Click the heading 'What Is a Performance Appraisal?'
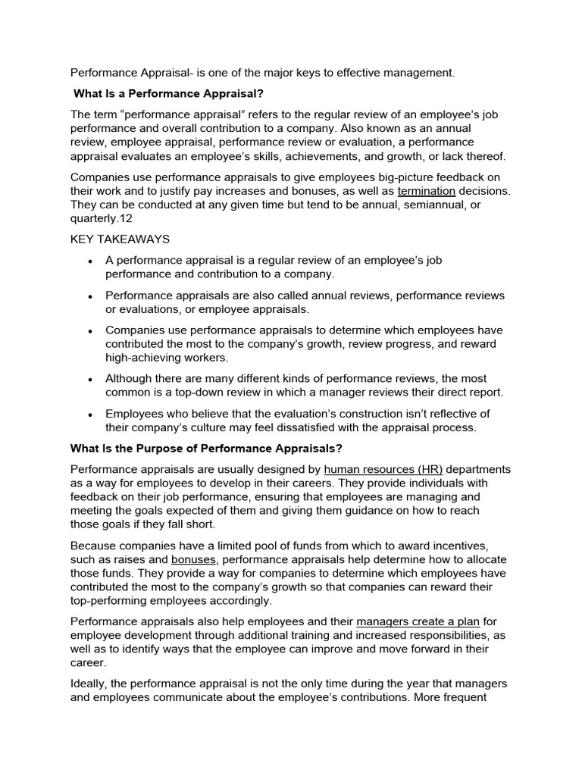(168, 94)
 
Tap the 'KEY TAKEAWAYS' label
(120, 239)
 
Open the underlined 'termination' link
(426, 191)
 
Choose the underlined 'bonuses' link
(195, 559)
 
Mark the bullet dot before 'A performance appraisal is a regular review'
(90, 261)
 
